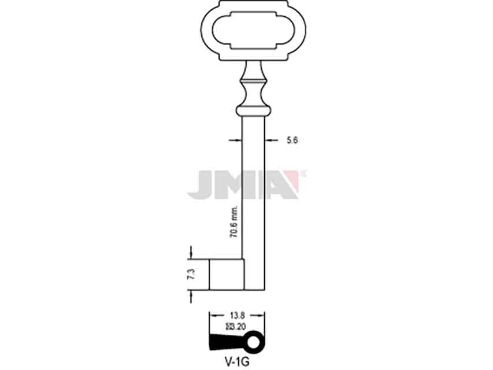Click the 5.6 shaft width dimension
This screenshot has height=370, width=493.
coord(292,140)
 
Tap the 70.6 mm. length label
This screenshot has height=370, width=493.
coord(234,222)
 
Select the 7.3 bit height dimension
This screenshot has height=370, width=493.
coord(191,274)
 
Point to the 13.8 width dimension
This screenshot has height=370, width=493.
coord(238,316)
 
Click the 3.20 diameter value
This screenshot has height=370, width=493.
coord(236,327)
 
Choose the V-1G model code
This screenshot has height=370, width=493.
coord(237,362)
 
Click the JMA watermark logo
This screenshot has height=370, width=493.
coord(247,184)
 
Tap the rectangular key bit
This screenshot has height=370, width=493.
coord(227,275)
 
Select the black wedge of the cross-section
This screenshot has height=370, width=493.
coord(226,342)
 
